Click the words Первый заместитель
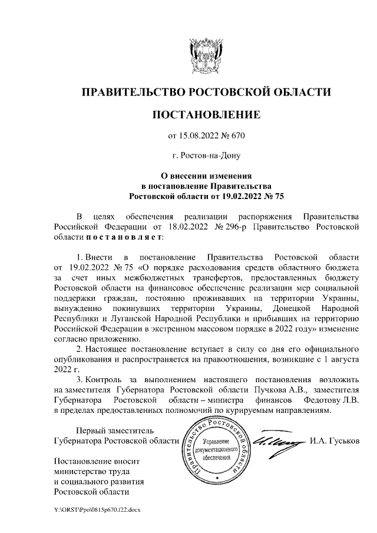coord(103,430)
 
